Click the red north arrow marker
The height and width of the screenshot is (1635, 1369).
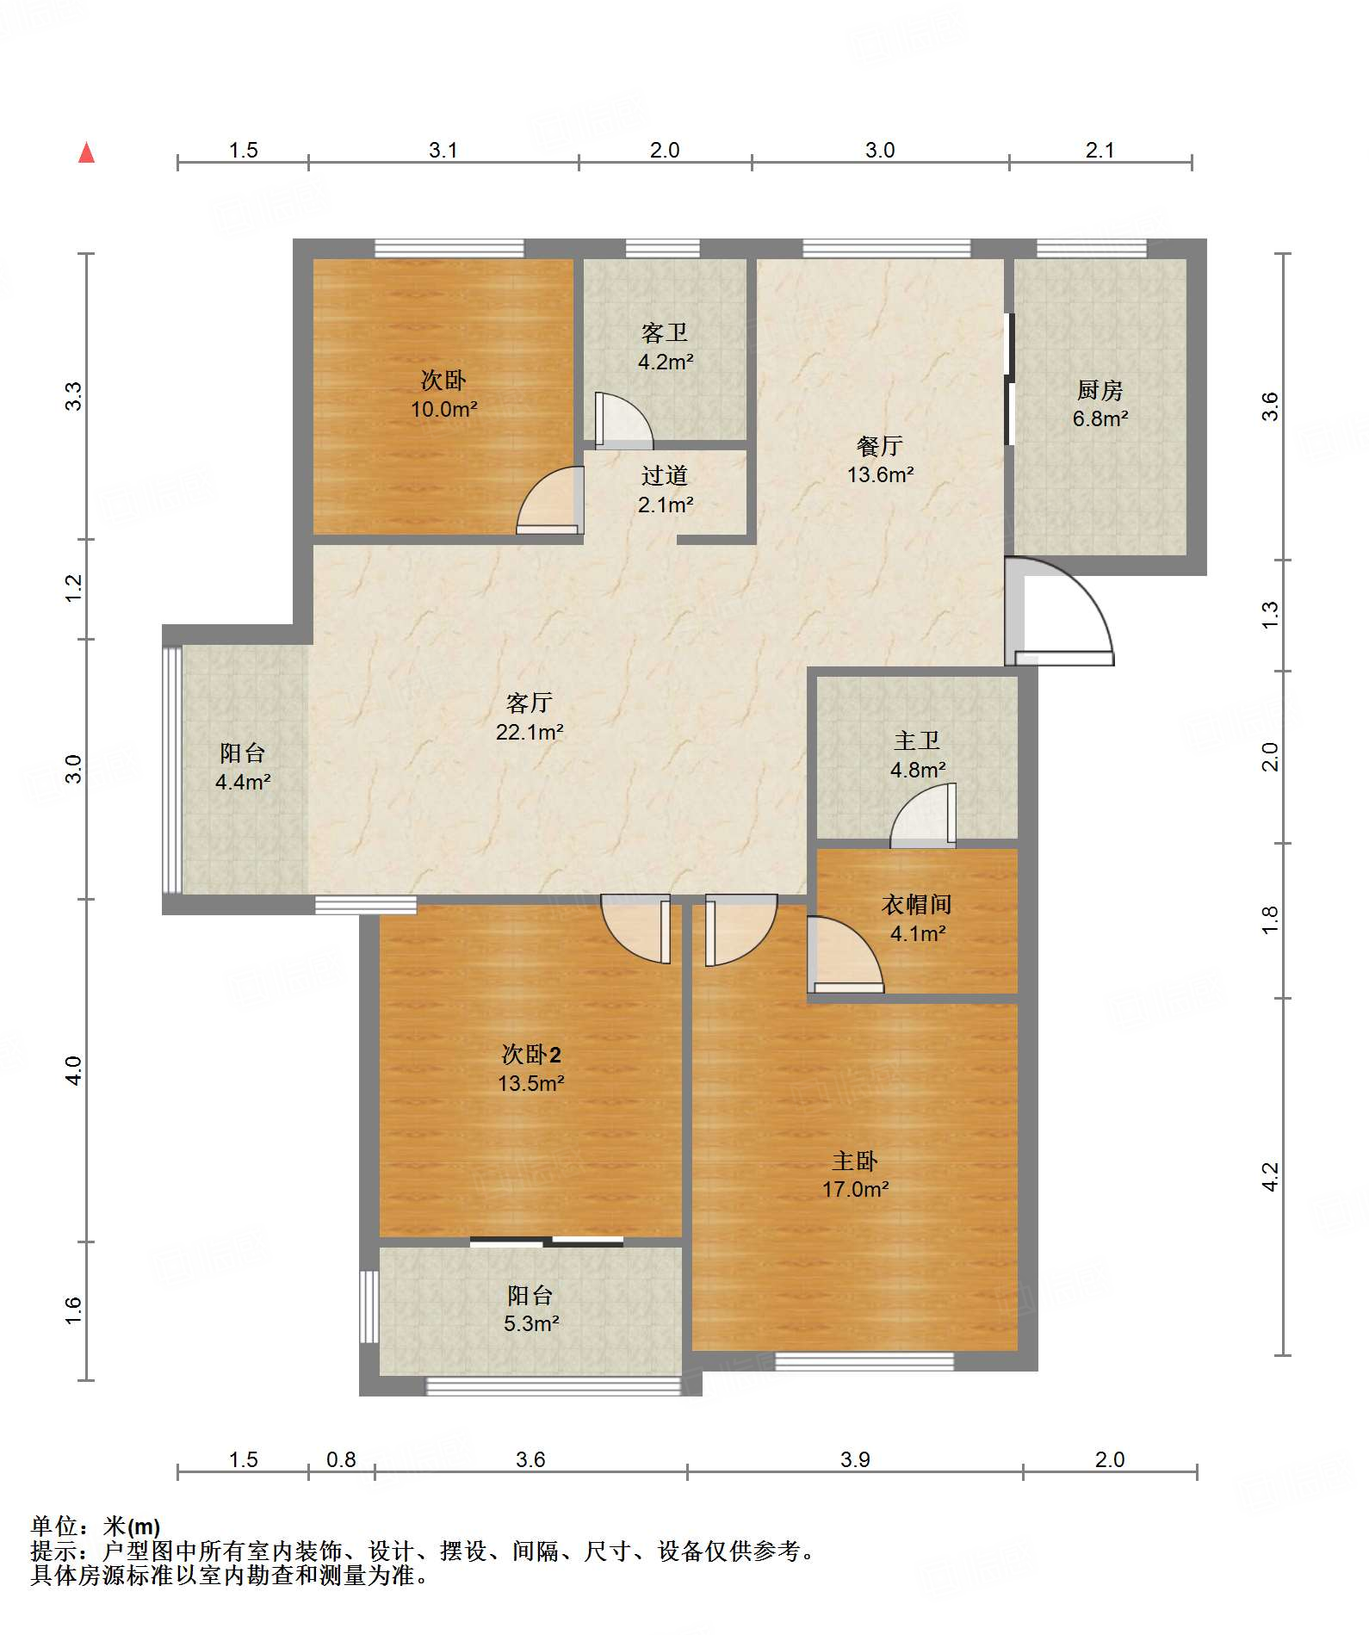click(86, 152)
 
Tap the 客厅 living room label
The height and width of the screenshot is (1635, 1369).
click(529, 703)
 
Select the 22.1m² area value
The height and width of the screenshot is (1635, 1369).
click(530, 733)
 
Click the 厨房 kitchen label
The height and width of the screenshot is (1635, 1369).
click(1100, 390)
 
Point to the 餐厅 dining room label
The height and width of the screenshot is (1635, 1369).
click(879, 446)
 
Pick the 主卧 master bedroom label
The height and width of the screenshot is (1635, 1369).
click(854, 1161)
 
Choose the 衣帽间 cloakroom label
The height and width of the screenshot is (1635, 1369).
click(917, 904)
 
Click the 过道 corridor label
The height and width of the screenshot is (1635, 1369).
click(664, 475)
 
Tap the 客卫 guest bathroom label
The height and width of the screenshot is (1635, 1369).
click(664, 332)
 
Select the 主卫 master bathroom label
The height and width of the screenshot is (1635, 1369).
click(917, 740)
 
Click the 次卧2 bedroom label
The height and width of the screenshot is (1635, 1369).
click(531, 1055)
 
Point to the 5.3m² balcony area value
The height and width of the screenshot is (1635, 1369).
click(531, 1324)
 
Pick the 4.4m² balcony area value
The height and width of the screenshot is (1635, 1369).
click(243, 783)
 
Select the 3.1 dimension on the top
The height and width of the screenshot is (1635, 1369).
click(443, 151)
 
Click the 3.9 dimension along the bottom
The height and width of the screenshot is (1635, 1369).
click(855, 1459)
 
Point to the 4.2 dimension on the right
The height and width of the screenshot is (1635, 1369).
click(1270, 1177)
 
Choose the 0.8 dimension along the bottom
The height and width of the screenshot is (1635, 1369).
click(341, 1459)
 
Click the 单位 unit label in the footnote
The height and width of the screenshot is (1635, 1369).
click(53, 1527)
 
